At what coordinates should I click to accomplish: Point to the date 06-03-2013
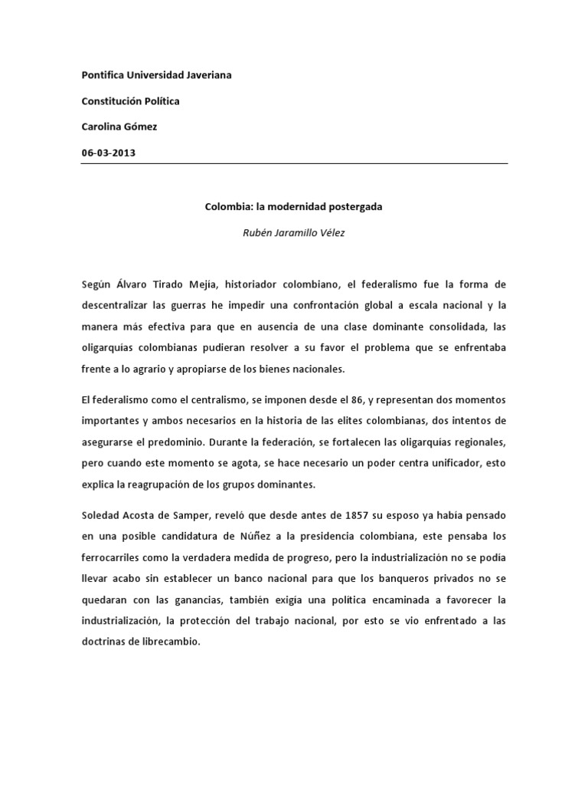(108, 152)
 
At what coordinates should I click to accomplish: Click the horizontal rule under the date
(294, 163)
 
